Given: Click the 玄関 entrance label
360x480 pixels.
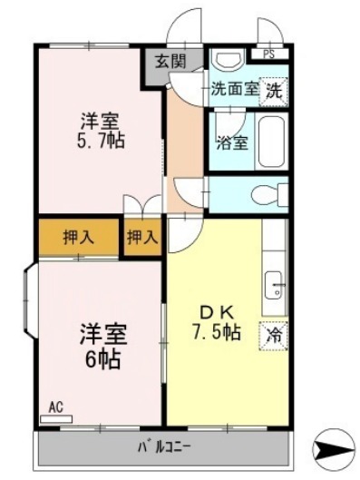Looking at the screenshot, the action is coord(170,62).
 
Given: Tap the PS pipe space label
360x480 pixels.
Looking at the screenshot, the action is coord(268,54).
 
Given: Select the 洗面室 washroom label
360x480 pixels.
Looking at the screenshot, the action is coord(235,89).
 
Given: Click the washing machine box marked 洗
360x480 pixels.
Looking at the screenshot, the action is coord(273,92).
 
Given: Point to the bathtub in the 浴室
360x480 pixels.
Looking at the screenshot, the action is coord(271,142).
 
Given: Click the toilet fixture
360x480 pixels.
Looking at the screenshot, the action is coord(269,194).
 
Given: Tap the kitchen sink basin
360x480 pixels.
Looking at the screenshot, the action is coord(273,285).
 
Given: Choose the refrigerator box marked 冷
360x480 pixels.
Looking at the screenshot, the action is coord(274,336).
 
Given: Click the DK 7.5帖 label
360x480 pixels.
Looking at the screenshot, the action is coord(217,325).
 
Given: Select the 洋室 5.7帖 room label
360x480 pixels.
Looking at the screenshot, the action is coord(101,131).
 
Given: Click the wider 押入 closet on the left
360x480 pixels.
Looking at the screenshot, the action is coord(79,237).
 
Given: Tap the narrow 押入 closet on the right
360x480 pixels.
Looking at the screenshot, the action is coord(142,237).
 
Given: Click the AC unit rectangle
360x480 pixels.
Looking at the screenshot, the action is coord(56,419).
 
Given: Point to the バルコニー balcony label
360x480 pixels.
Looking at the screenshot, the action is coord(164,448).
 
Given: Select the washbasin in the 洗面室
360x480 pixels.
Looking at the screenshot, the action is coord(229,61).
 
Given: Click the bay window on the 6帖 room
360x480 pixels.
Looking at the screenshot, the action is coord(31,300).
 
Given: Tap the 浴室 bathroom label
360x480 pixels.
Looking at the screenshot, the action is coord(232,143).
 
